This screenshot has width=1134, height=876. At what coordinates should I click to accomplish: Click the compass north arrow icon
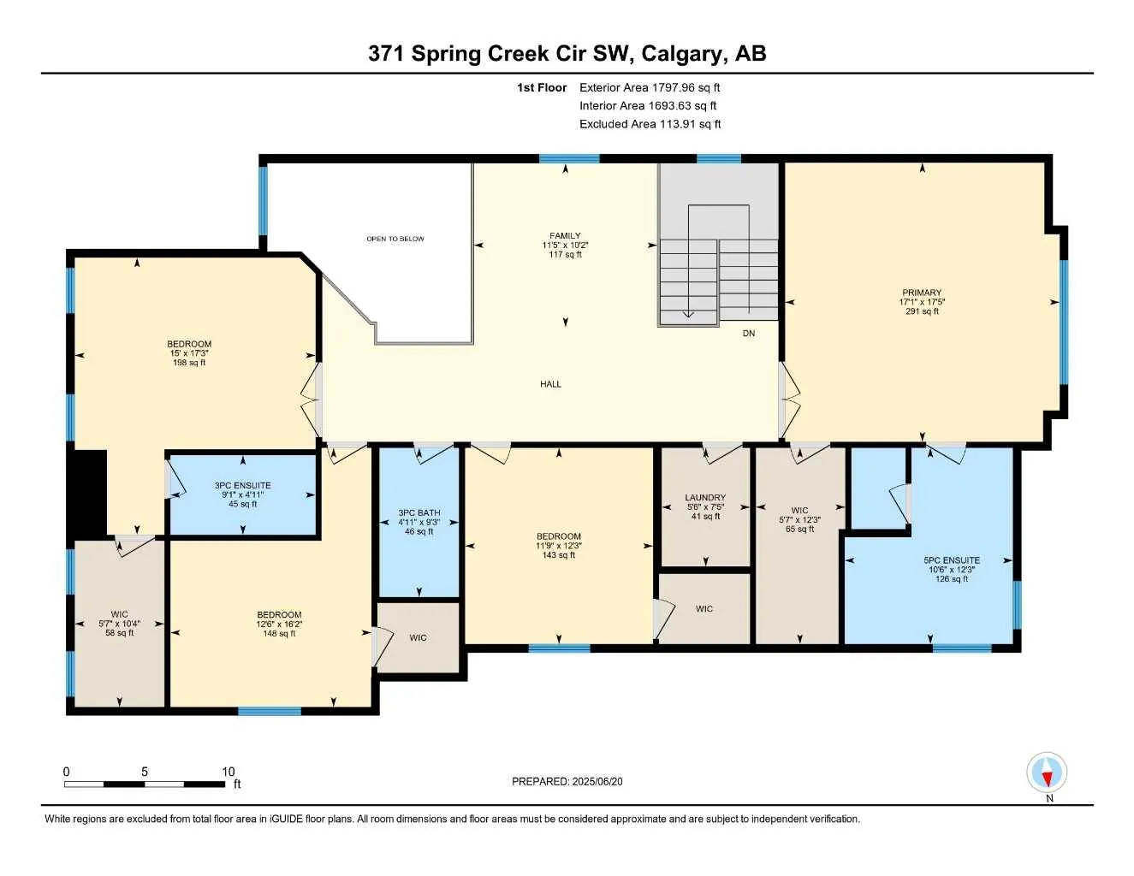pos(1047,771)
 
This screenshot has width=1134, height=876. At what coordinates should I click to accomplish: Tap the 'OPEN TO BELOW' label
pos(395,239)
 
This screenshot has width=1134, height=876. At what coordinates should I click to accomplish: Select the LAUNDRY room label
pos(705,497)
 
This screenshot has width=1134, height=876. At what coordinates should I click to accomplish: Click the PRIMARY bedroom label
pos(922,293)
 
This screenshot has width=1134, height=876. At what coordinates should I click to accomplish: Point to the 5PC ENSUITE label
pos(952,560)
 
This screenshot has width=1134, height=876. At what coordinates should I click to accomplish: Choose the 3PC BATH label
pos(419,512)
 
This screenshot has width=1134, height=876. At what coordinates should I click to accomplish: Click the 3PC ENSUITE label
pos(243,485)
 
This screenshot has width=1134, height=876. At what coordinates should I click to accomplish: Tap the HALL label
pos(550,384)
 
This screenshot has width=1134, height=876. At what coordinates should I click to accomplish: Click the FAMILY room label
pos(565,236)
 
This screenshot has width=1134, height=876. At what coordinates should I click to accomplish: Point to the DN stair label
pos(748,333)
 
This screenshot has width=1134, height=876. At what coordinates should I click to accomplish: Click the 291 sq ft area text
pos(922,311)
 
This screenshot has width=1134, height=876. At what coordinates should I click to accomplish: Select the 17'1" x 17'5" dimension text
pos(922,302)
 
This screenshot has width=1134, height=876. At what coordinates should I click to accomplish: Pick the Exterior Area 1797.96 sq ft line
pos(650,87)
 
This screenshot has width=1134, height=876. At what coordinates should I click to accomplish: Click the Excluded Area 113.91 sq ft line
pos(650,124)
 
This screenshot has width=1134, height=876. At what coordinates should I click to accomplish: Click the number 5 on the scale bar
pos(145,771)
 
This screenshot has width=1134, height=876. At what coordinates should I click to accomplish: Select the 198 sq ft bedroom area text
pos(189,363)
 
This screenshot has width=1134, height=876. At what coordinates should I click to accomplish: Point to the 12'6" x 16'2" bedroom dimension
pos(279,624)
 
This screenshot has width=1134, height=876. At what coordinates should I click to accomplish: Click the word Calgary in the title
pos(684,55)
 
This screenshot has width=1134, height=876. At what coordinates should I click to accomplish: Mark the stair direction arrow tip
pos(688,317)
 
